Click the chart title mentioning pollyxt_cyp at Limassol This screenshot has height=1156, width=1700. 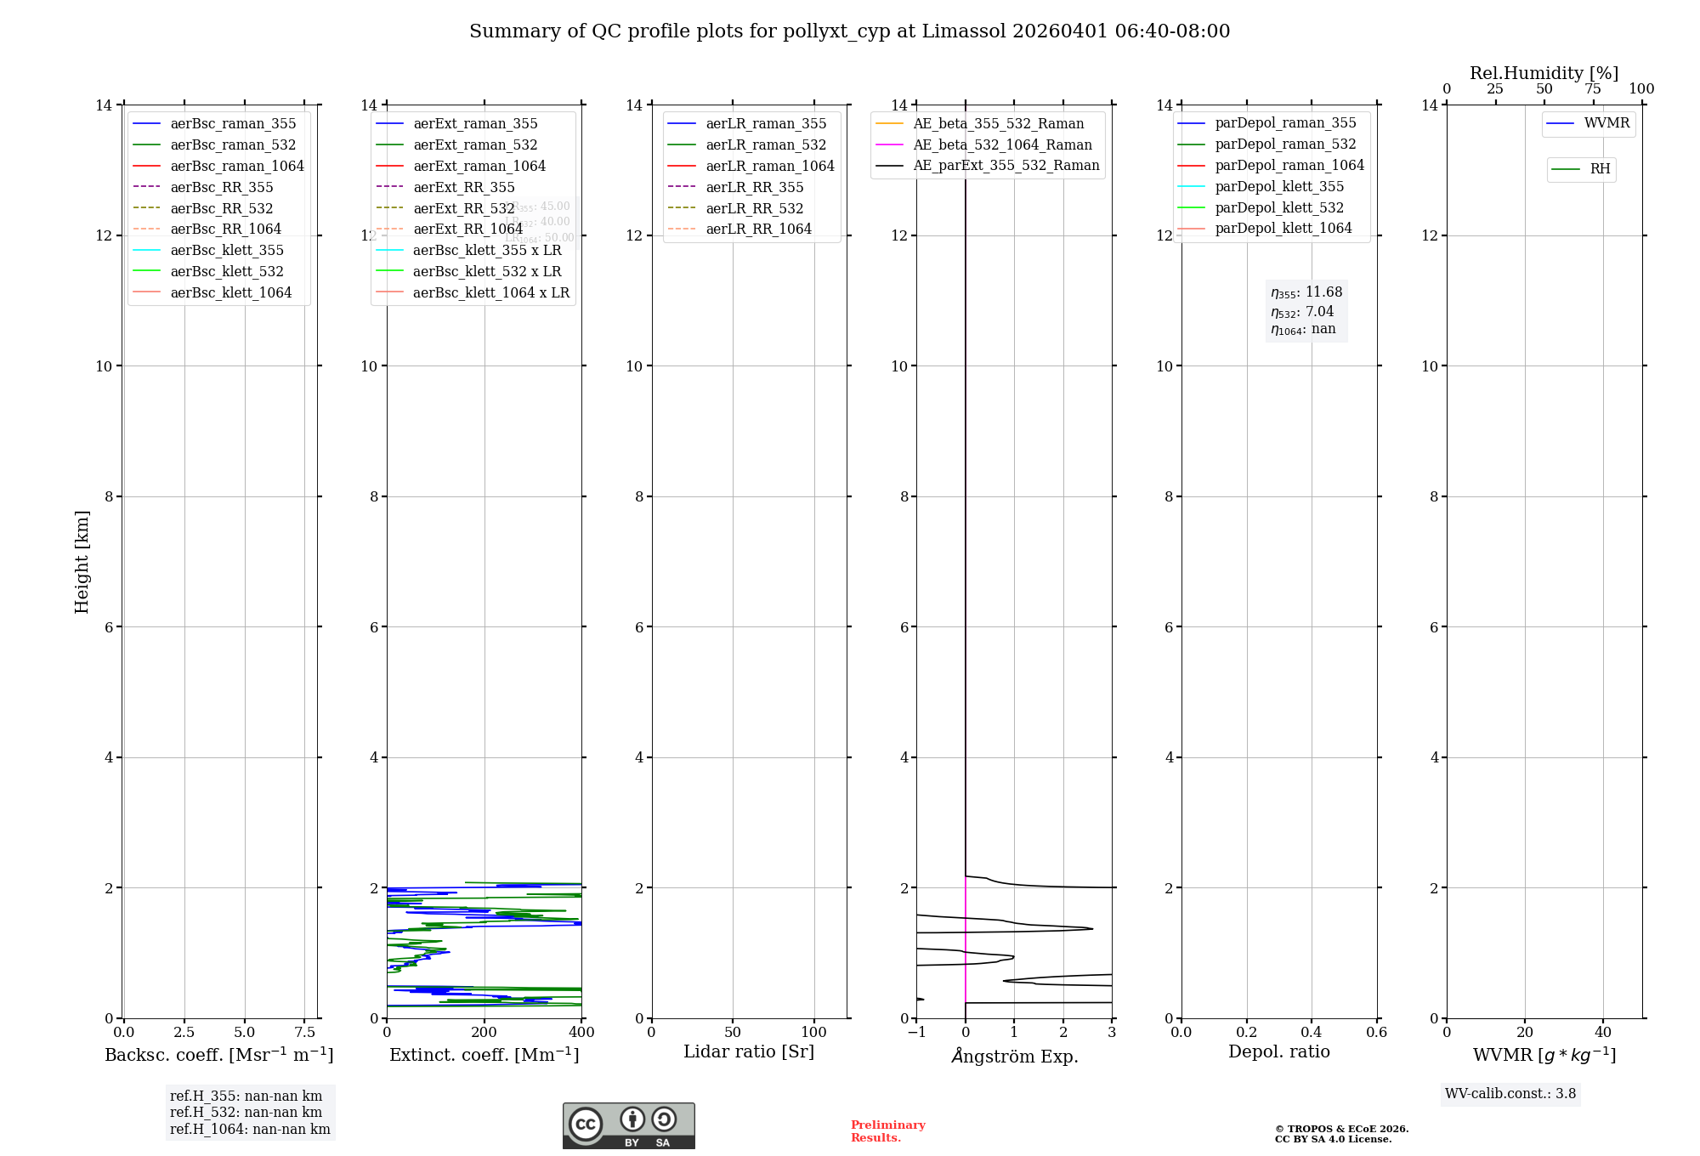click(849, 31)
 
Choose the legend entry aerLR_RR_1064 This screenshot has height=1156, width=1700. click(758, 229)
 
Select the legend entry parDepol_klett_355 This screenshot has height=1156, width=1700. click(1279, 186)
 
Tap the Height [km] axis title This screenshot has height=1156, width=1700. click(82, 561)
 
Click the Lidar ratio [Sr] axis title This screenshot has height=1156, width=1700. click(749, 1051)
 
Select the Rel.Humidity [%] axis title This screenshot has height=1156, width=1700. click(1544, 73)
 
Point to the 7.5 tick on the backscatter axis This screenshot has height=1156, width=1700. click(305, 1032)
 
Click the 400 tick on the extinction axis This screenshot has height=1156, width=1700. click(581, 1032)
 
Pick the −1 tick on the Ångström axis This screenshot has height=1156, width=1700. click(916, 1032)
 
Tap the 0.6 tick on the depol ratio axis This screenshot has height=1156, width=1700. click(1376, 1032)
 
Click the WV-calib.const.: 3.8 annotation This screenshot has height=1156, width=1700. click(1510, 1094)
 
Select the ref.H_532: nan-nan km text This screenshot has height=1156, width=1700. click(246, 1112)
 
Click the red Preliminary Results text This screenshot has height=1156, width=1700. click(887, 1130)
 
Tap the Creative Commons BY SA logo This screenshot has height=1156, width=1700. click(628, 1125)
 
